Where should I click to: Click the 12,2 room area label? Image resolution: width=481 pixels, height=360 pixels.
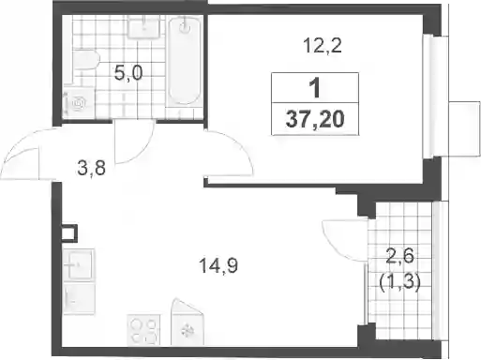point(323,46)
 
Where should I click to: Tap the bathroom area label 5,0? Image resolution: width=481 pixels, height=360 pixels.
point(128,73)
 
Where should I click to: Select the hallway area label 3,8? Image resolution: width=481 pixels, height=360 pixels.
point(92,169)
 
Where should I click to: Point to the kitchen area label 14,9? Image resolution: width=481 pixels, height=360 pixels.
point(218,266)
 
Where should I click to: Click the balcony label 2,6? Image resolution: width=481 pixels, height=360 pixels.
point(400,256)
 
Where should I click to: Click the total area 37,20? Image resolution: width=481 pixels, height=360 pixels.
point(315,119)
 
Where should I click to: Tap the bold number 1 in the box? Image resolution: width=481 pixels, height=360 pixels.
point(315,88)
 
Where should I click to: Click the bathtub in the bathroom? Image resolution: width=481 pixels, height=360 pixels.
point(185,60)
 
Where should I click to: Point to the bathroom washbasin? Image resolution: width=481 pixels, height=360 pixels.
point(144,27)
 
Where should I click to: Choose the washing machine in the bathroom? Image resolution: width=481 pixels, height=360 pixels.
point(79,103)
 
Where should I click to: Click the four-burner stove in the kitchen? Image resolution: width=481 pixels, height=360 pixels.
point(143,330)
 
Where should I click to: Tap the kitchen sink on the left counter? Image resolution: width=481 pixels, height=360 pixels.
point(81,265)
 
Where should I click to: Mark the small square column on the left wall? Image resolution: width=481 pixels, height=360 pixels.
point(69,232)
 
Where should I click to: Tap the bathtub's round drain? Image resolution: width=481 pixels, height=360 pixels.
point(185,27)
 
